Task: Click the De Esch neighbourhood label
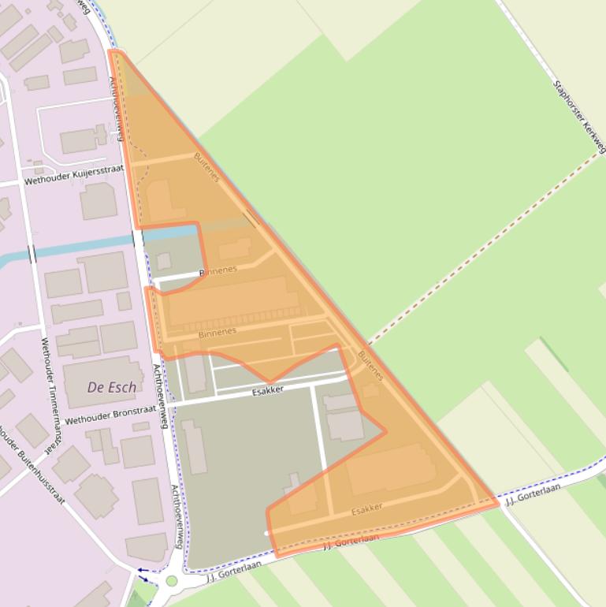point(115,387)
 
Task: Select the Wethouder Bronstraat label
point(110,415)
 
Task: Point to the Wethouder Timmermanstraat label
point(51,394)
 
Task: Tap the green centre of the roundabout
point(171,581)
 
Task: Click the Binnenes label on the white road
point(217,270)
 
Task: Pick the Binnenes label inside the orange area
point(217,333)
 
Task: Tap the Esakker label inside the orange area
point(366,508)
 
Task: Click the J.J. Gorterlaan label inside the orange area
point(351,541)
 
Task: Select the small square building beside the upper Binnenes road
point(163,261)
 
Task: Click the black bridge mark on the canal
point(32,254)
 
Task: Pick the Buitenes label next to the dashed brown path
point(370,365)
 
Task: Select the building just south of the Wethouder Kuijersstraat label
point(99,201)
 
